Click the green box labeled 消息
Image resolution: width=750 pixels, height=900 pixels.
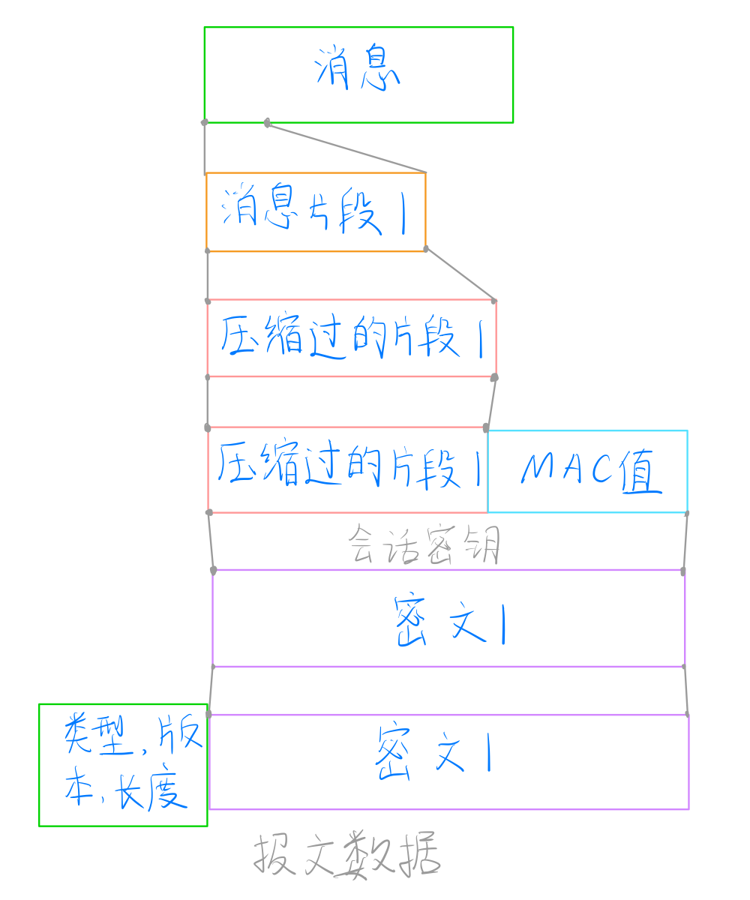pyautogui.click(x=358, y=75)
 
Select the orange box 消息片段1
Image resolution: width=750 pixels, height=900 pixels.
pyautogui.click(x=316, y=212)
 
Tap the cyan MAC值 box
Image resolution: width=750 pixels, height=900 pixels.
pyautogui.click(x=587, y=472)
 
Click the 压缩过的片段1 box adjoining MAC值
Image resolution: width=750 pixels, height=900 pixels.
pyautogui.click(x=347, y=470)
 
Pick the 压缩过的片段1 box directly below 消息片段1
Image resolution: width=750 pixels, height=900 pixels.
pyautogui.click(x=351, y=338)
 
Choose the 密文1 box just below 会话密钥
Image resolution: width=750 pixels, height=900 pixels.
pyautogui.click(x=448, y=618)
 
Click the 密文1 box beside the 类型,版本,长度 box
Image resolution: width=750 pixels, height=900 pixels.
pyautogui.click(x=448, y=762)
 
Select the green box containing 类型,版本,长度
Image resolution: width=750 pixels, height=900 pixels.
pyautogui.click(x=123, y=765)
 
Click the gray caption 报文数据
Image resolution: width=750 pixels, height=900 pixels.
pyautogui.click(x=346, y=855)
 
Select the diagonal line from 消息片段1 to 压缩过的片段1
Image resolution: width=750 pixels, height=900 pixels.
pyautogui.click(x=460, y=274)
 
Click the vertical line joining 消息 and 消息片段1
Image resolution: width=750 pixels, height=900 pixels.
pyautogui.click(x=204, y=148)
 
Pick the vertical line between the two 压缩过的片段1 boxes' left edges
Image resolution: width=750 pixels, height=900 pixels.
pyautogui.click(x=208, y=401)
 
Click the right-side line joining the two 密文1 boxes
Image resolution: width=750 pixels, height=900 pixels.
pyautogui.click(x=686, y=690)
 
